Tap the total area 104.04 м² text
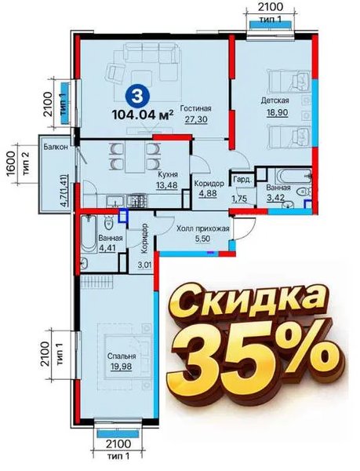[143, 115]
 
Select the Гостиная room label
[195, 108]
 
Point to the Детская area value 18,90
[277, 112]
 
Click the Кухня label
[168, 174]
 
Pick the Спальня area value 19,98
[121, 366]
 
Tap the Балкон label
[55, 147]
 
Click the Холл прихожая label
[203, 229]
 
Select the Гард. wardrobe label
[242, 180]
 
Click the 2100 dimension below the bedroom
[118, 444]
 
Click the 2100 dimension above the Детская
[271, 6]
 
